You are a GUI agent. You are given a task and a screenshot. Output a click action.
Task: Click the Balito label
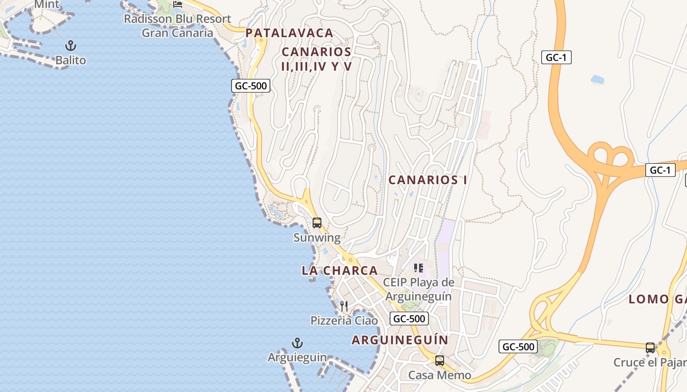pyautogui.click(x=71, y=60)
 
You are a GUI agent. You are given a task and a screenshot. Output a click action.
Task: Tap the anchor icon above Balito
pyautogui.click(x=71, y=46)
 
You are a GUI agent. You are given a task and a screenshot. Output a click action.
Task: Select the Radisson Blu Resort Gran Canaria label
pyautogui.click(x=177, y=26)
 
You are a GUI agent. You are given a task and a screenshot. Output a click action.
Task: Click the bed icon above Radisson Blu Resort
pyautogui.click(x=178, y=4)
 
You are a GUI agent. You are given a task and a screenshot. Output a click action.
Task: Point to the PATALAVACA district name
pyautogui.click(x=290, y=33)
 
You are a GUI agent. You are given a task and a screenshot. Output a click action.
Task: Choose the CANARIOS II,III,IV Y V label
pyautogui.click(x=317, y=59)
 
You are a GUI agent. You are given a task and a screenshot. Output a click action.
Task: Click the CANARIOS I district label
pyautogui.click(x=427, y=180)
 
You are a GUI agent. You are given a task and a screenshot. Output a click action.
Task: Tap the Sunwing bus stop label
pyautogui.click(x=317, y=238)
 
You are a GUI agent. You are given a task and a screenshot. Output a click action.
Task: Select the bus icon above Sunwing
pyautogui.click(x=317, y=223)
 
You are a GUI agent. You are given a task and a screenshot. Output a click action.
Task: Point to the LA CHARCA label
pyautogui.click(x=340, y=270)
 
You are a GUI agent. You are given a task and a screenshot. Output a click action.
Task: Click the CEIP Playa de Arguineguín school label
pyautogui.click(x=419, y=289)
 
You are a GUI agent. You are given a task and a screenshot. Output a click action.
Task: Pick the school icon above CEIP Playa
pyautogui.click(x=419, y=268)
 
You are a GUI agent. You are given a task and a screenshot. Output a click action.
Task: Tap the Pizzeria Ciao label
pyautogui.click(x=344, y=320)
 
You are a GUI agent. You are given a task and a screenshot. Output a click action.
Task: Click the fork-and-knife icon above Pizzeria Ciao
pyautogui.click(x=344, y=306)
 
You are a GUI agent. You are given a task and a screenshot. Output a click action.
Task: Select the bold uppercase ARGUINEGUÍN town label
pyautogui.click(x=400, y=340)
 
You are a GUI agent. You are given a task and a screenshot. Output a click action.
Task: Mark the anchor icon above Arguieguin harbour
pyautogui.click(x=297, y=343)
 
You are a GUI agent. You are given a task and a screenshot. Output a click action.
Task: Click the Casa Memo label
pyautogui.click(x=440, y=375)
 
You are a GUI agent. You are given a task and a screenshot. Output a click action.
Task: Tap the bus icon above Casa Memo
pyautogui.click(x=440, y=361)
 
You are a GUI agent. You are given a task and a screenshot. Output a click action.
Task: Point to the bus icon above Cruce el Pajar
pyautogui.click(x=650, y=348)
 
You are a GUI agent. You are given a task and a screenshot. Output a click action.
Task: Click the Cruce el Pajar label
pyautogui.click(x=650, y=363)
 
